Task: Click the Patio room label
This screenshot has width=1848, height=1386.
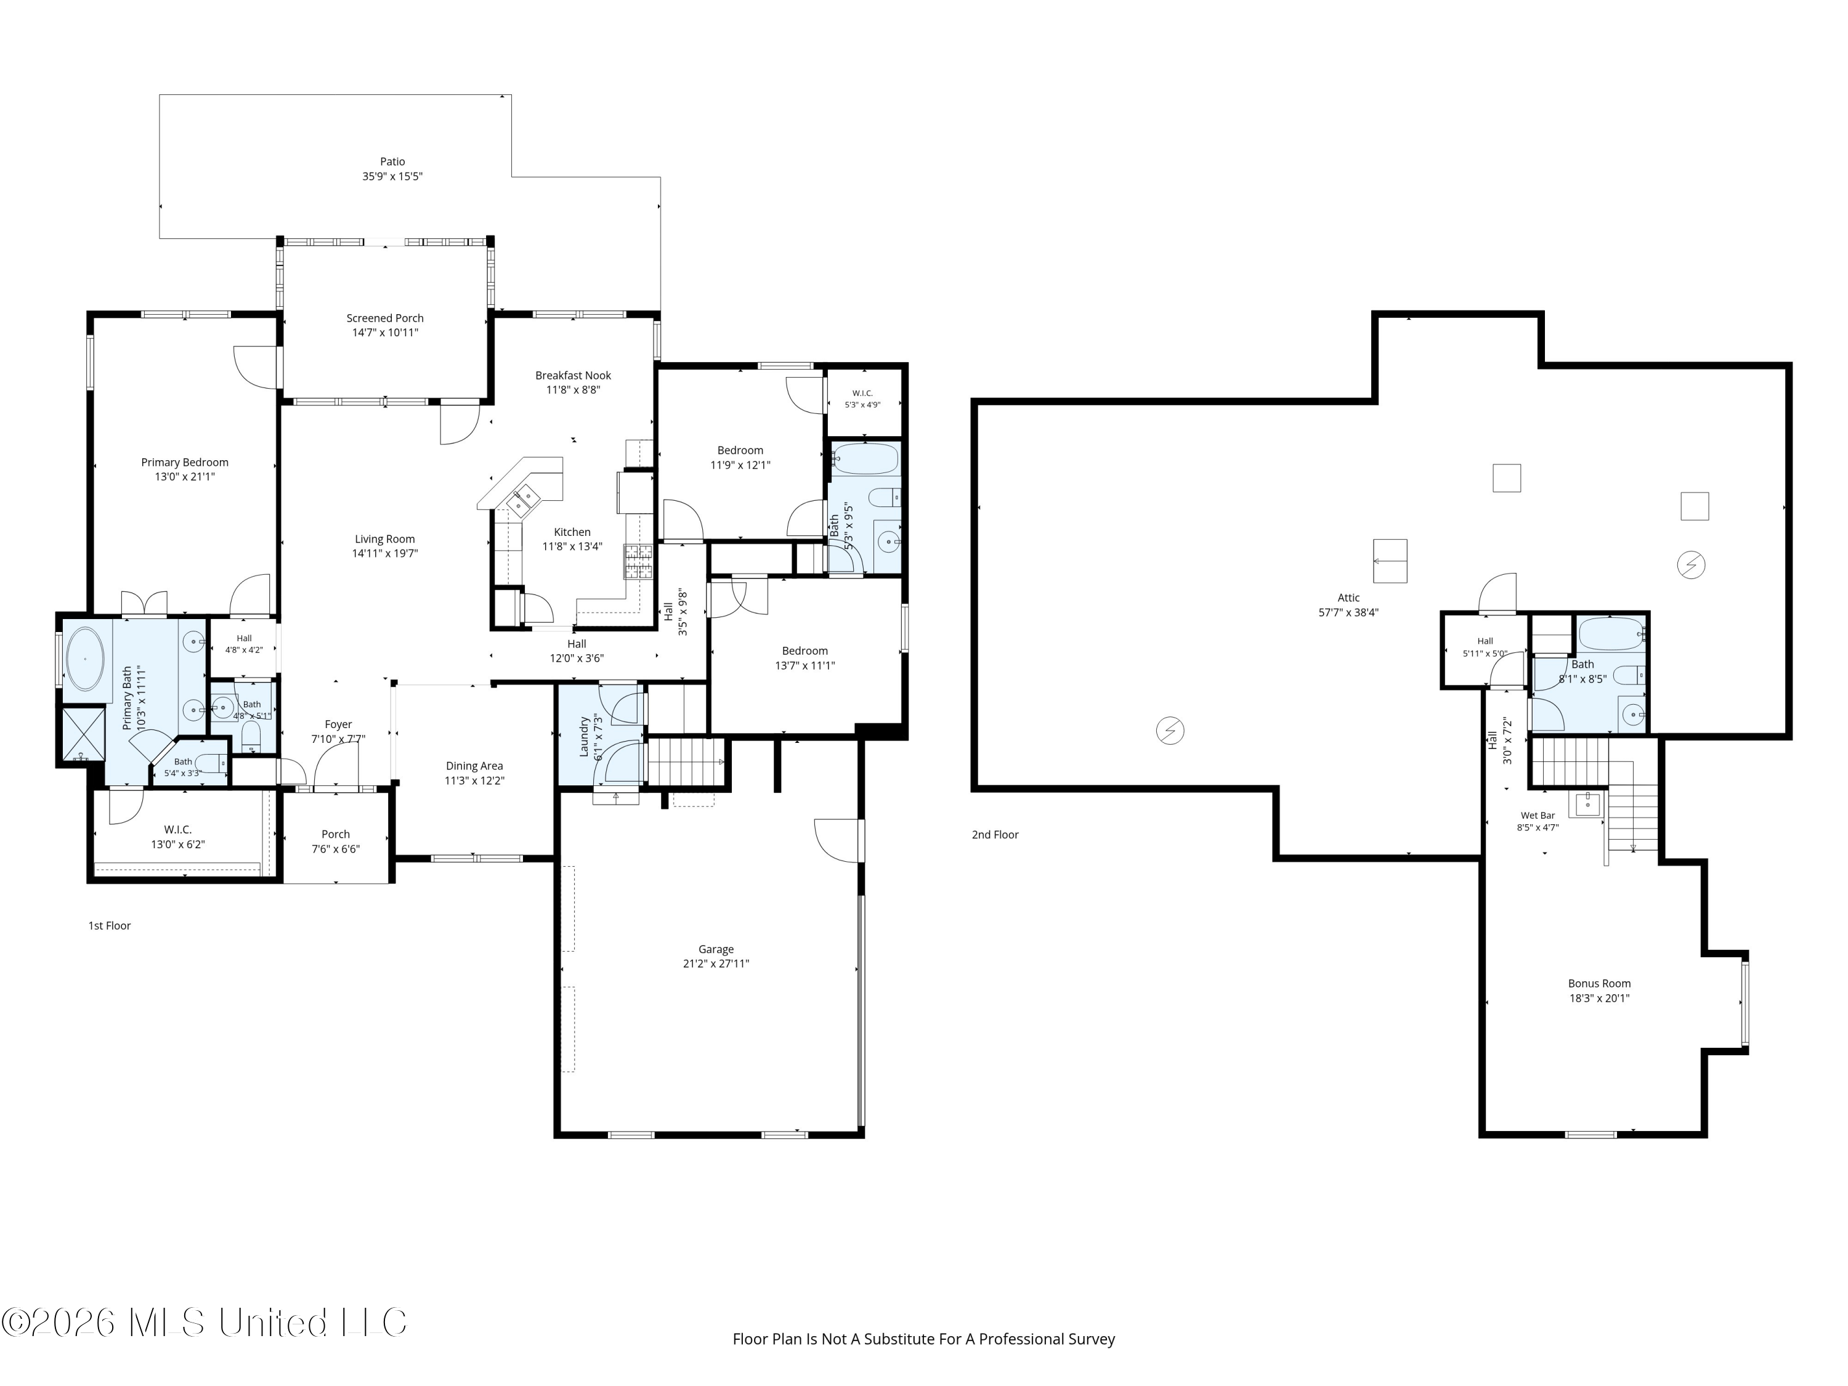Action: [x=392, y=162]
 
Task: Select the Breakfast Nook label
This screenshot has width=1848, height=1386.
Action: [x=573, y=376]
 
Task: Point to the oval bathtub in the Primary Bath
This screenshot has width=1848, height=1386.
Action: [x=85, y=659]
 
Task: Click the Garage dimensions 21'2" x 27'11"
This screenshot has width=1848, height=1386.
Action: [x=716, y=963]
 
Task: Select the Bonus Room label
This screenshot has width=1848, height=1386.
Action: [x=1599, y=983]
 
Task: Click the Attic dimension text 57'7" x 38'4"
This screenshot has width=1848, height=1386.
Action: [x=1348, y=612]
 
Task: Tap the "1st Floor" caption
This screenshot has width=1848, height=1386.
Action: [x=110, y=926]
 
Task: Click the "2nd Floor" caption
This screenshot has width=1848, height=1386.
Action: [x=995, y=835]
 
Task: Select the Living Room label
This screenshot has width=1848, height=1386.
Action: [x=384, y=540]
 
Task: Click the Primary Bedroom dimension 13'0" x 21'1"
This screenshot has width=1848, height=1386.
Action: [x=185, y=477]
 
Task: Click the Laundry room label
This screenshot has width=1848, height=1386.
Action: [x=585, y=736]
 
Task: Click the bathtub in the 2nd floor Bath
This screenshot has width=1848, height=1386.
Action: [x=1611, y=634]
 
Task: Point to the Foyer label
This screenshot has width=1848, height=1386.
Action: [x=338, y=725]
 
